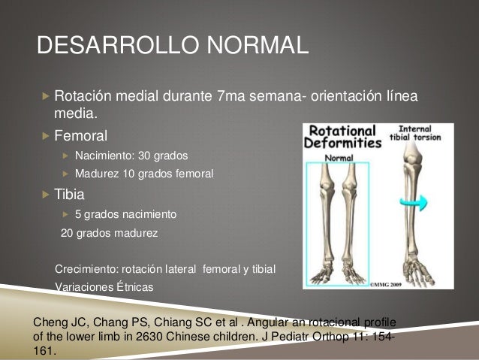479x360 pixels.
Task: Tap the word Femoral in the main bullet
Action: [x=80, y=136]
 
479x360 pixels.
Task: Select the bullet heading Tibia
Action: [x=69, y=195]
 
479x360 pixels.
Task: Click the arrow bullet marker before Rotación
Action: [x=45, y=98]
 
